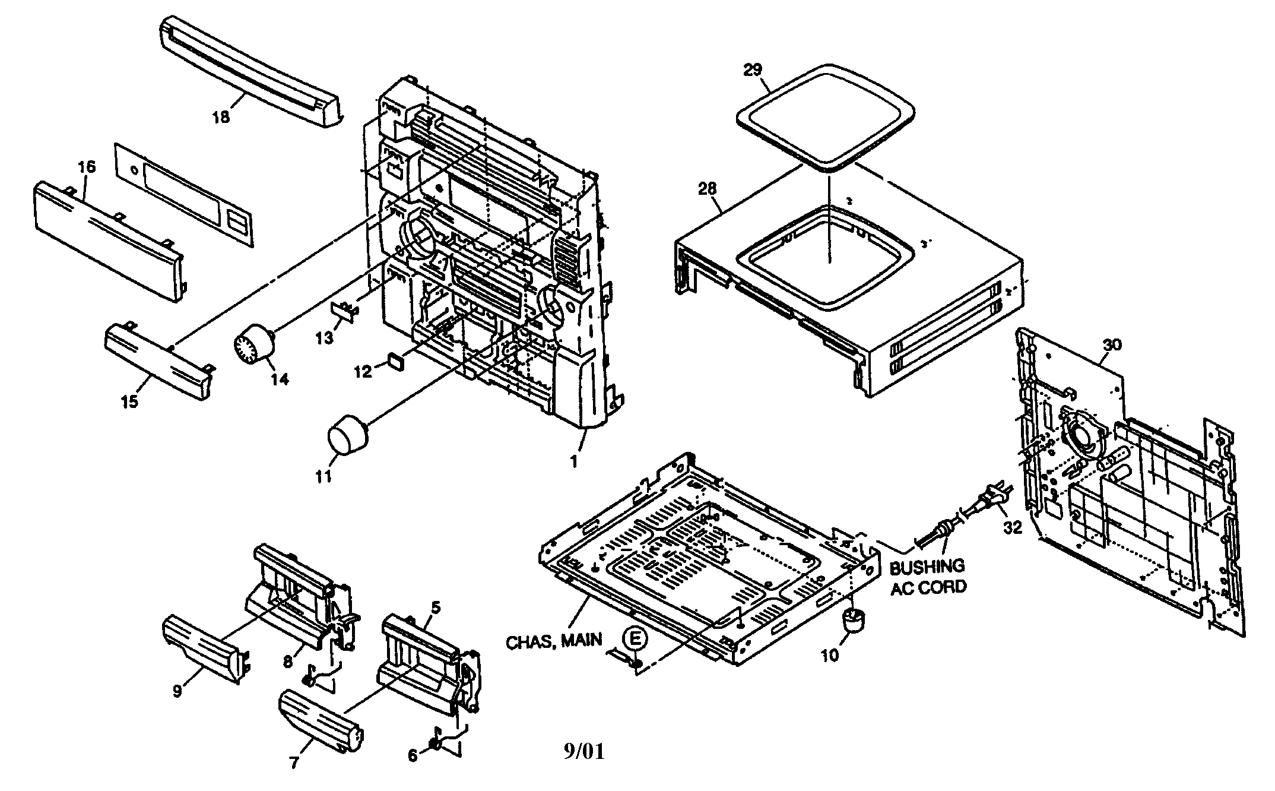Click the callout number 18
(x=221, y=117)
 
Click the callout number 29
(x=753, y=69)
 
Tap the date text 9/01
(x=583, y=752)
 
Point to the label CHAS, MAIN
(x=554, y=640)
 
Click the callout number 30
(x=1112, y=345)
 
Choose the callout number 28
(x=708, y=189)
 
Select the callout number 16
(x=87, y=167)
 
